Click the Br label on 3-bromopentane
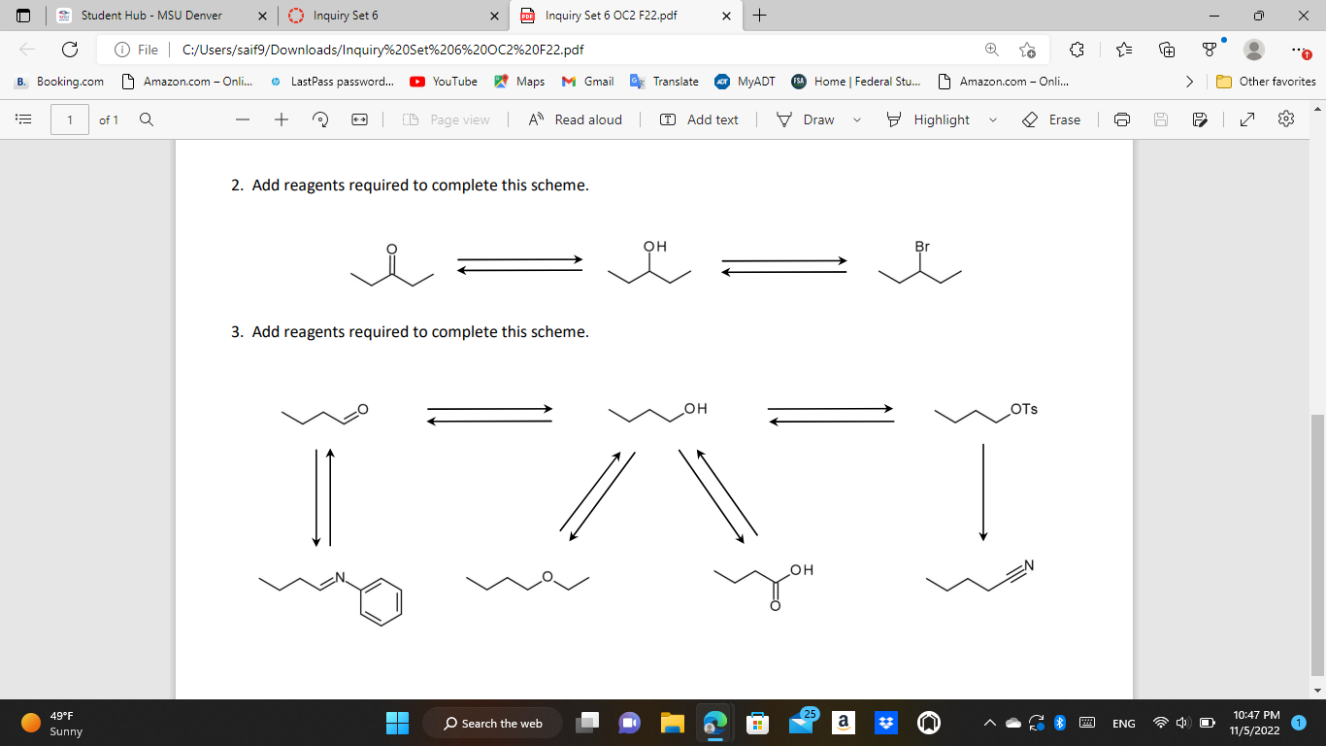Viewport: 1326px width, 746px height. point(922,247)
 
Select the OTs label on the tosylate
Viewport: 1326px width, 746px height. point(1024,409)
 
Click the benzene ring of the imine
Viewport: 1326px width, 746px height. point(380,602)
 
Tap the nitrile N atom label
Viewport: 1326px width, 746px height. point(1029,565)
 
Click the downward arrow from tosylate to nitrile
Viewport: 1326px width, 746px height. point(983,492)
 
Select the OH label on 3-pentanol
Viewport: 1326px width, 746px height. point(655,247)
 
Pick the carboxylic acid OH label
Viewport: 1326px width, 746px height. point(802,570)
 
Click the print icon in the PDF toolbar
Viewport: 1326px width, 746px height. point(1122,119)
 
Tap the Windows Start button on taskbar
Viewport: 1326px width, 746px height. point(398,723)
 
